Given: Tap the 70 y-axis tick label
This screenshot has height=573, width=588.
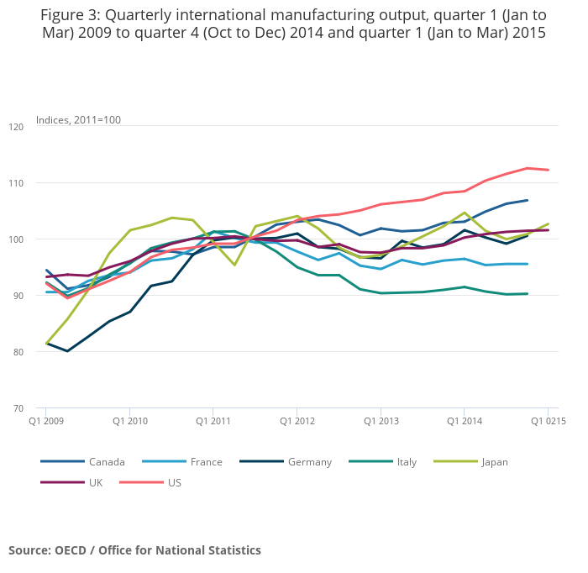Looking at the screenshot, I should pyautogui.click(x=18, y=408).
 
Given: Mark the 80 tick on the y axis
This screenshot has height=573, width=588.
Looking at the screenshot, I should pyautogui.click(x=18, y=352).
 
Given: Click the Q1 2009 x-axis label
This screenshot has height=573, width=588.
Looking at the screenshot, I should pyautogui.click(x=46, y=420).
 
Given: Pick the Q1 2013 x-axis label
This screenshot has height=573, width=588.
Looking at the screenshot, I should pyautogui.click(x=381, y=420).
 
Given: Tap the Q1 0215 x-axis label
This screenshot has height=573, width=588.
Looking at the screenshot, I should pyautogui.click(x=548, y=420).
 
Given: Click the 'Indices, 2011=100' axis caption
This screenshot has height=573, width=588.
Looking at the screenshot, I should pyautogui.click(x=78, y=120).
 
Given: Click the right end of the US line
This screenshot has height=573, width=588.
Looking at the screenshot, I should pyautogui.click(x=549, y=170).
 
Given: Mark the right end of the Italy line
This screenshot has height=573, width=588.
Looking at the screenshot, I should pyautogui.click(x=527, y=293).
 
